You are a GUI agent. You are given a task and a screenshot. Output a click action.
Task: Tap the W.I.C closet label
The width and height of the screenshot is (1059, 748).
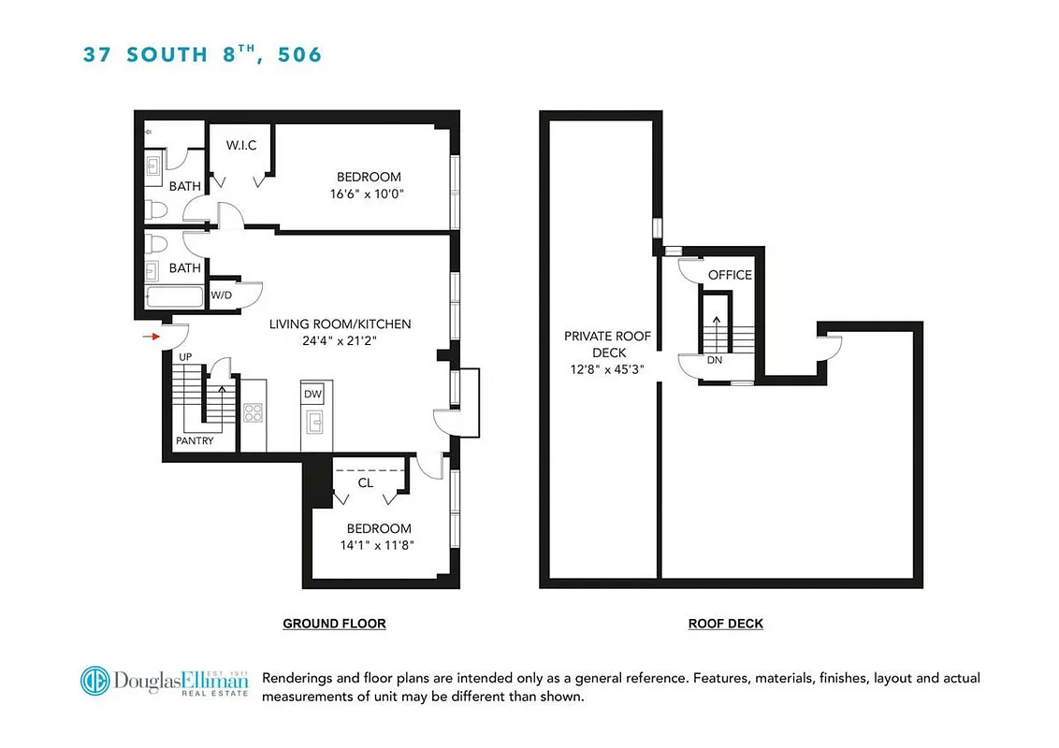241,146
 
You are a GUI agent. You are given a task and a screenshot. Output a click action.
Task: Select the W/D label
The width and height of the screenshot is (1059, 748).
222,295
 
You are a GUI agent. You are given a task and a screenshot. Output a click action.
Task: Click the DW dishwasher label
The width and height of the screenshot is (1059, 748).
312,395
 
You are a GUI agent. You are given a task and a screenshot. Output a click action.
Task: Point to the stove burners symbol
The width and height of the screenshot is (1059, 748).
253,411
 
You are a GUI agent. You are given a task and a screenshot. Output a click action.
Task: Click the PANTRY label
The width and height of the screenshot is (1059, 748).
195,440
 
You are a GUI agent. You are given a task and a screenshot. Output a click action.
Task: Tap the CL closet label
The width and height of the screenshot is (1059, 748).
366,483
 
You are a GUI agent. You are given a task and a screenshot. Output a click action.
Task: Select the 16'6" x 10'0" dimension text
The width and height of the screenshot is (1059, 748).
369,194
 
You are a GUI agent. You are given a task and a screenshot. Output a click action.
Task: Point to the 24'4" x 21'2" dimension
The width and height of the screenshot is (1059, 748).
340,341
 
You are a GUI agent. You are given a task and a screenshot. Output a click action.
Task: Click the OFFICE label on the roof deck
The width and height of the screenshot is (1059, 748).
730,275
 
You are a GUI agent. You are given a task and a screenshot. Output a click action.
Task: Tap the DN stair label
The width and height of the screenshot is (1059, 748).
715,360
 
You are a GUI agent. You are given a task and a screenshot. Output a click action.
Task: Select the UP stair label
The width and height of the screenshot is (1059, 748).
185,357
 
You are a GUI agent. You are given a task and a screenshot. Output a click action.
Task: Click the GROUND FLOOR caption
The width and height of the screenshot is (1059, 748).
334,624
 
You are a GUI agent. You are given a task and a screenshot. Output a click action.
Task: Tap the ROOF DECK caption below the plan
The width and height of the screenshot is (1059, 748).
725,624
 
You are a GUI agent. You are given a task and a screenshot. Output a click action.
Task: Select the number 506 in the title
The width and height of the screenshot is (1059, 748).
299,54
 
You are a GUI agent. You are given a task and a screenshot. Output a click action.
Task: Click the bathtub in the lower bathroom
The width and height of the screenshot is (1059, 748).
173,298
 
